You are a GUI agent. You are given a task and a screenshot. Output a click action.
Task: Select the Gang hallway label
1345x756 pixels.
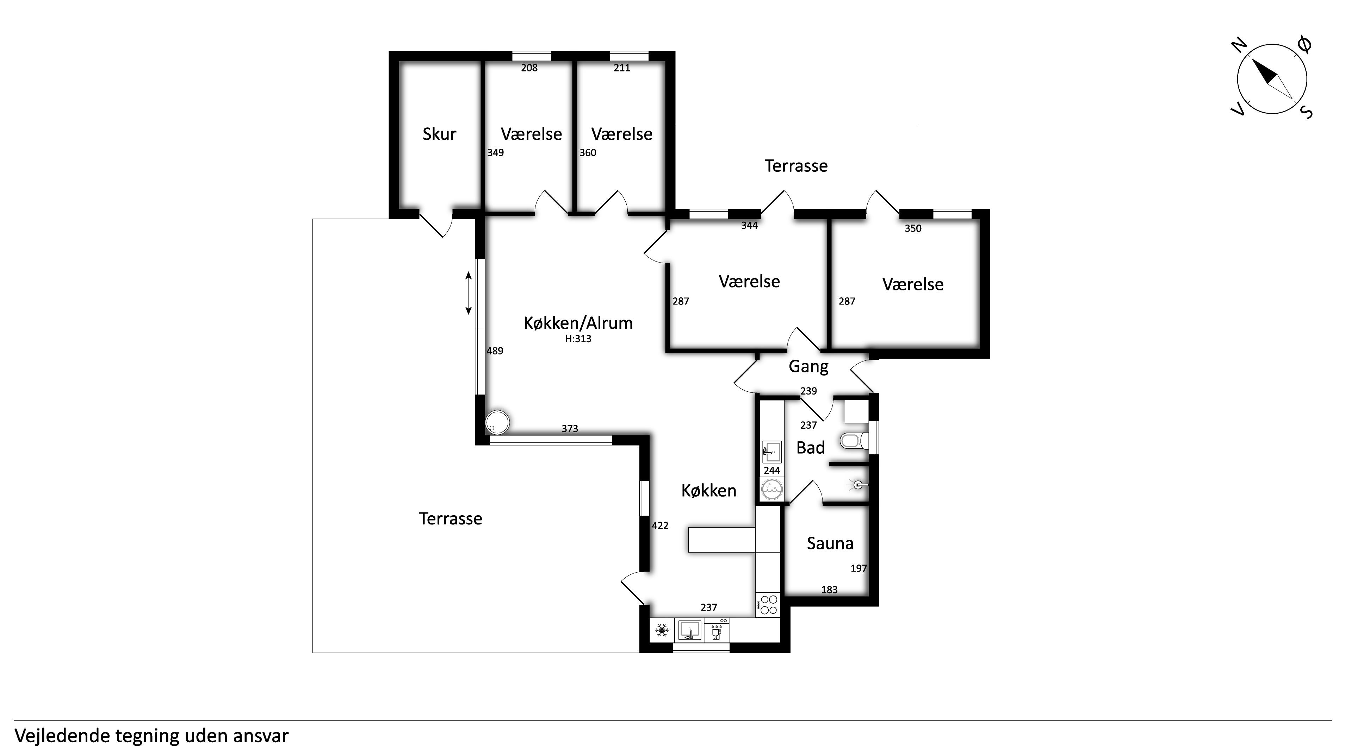[808, 367]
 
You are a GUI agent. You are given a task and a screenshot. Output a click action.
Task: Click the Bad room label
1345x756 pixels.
[810, 448]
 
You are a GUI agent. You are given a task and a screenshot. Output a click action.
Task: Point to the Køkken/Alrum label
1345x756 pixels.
[578, 323]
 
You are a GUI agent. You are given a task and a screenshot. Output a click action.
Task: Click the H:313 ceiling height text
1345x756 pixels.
[578, 339]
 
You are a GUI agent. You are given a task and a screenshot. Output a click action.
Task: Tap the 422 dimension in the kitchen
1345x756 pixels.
[660, 526]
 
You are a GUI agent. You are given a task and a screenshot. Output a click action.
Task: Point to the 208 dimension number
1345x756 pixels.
[529, 68]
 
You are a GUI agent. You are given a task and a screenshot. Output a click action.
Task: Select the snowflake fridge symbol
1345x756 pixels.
[662, 630]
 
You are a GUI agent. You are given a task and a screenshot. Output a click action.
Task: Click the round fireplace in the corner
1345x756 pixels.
[497, 422]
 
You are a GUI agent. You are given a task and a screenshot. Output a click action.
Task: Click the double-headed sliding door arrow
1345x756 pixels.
[468, 293]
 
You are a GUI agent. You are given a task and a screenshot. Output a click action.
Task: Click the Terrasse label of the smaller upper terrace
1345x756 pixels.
[796, 166]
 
